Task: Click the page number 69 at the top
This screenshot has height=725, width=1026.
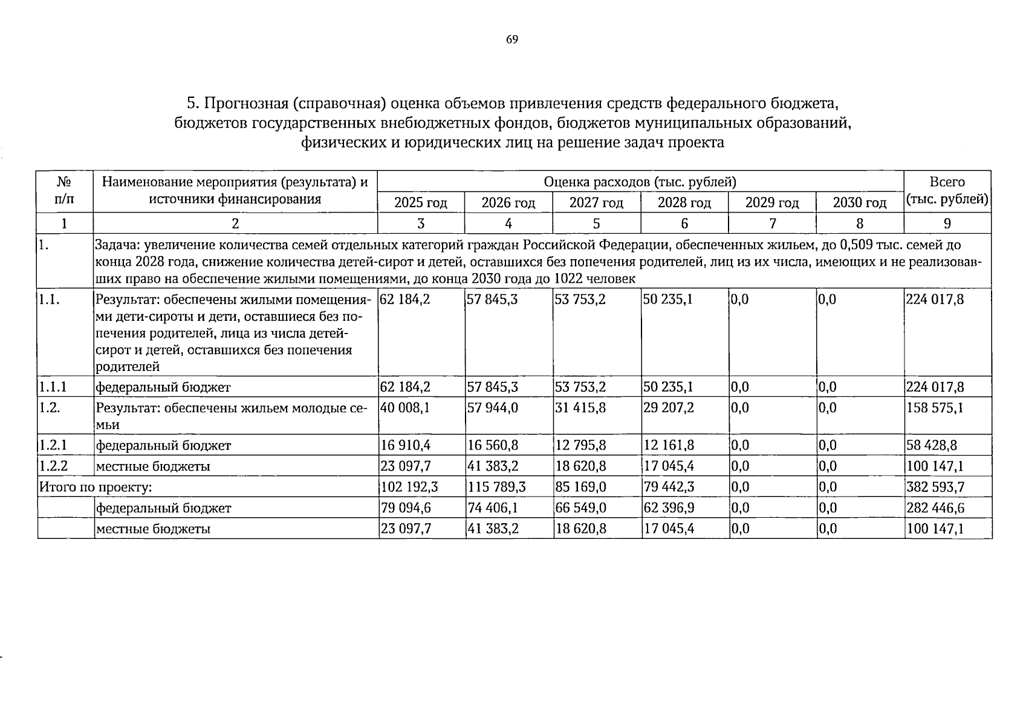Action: coord(511,40)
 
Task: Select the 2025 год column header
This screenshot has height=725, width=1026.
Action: coord(420,202)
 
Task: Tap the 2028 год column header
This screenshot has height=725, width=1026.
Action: coord(684,202)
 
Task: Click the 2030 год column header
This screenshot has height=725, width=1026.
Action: coord(859,202)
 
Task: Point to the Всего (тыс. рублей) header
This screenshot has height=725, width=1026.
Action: coord(947,191)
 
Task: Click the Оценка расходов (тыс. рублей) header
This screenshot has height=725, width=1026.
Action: coord(640,182)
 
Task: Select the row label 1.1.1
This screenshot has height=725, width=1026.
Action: coord(53,387)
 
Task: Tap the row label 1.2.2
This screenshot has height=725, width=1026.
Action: coord(53,466)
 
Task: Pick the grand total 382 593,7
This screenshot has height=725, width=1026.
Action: coord(935,487)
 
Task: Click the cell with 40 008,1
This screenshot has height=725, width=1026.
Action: coord(405,408)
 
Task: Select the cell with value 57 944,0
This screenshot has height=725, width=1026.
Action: coord(493,408)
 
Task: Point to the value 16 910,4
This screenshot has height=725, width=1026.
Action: coord(405,445)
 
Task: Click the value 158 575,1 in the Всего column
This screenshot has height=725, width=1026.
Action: coord(935,408)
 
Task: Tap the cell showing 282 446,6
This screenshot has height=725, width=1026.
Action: coord(935,507)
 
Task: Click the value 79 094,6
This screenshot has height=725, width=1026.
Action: coord(405,507)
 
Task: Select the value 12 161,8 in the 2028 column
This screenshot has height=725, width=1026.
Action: coord(669,445)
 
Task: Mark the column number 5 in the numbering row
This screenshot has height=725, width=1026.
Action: coord(596,224)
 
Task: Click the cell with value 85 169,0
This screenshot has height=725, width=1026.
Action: coord(580,487)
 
